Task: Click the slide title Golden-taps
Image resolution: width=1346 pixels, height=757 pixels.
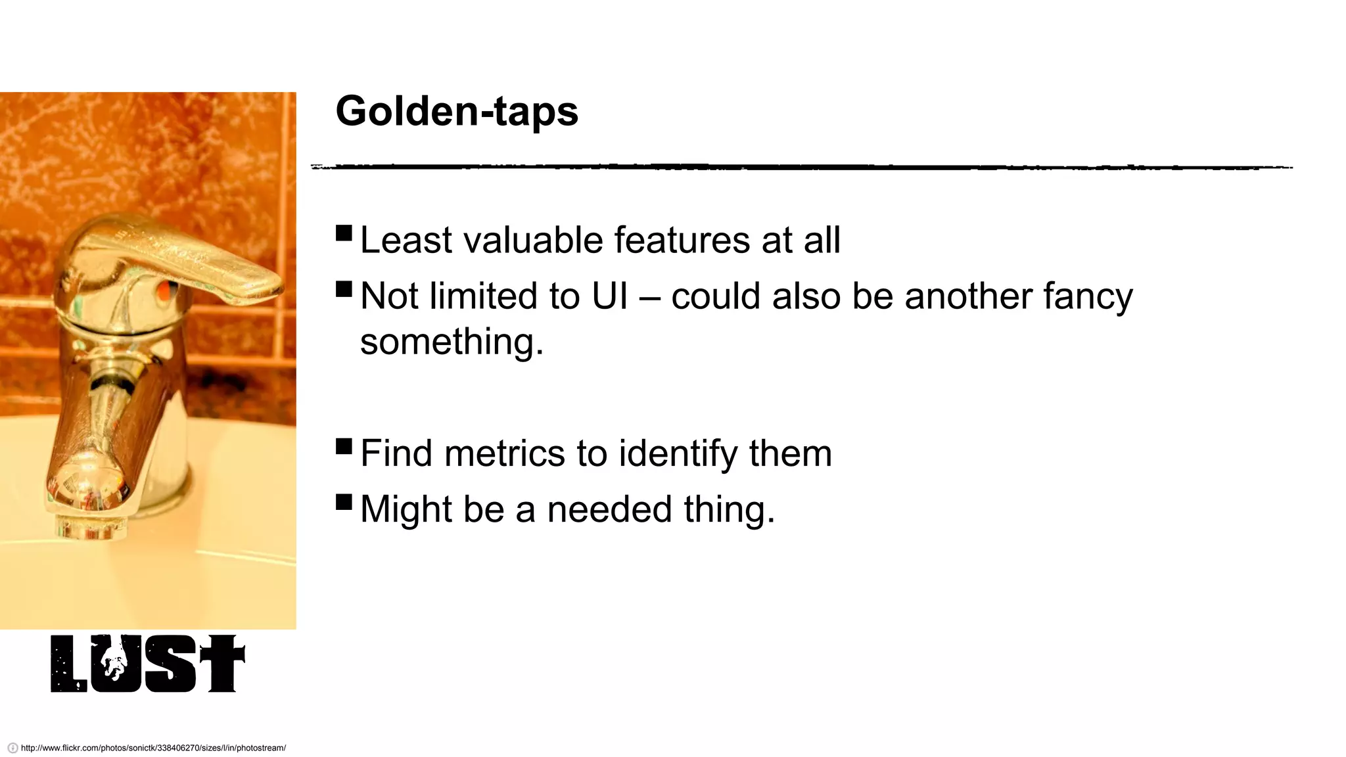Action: (x=456, y=111)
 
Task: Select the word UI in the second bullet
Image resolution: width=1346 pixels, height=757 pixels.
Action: (x=610, y=296)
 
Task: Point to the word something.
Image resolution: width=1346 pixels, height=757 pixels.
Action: (x=452, y=342)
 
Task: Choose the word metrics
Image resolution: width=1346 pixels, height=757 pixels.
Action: (x=504, y=453)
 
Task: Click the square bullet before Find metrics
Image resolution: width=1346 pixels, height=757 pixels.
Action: (x=344, y=447)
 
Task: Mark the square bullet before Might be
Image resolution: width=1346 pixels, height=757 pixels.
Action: (x=344, y=502)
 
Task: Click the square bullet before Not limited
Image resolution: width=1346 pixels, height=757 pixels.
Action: (x=344, y=289)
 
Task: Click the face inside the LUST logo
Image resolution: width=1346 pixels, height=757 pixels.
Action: (x=116, y=660)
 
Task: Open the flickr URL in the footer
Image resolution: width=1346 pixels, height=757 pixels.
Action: (x=153, y=748)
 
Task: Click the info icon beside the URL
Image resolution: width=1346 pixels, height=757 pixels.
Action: (x=12, y=748)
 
